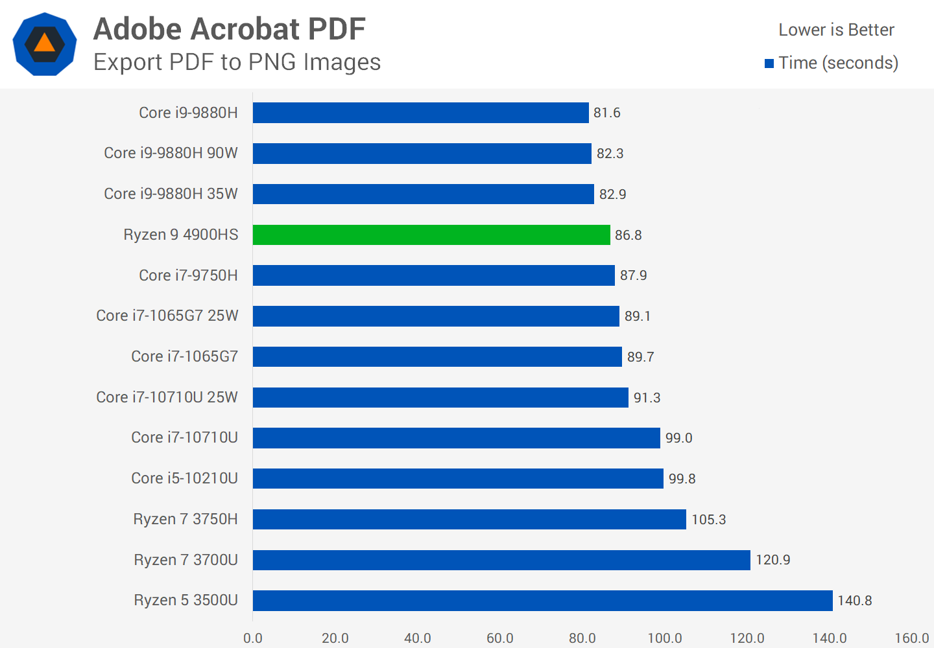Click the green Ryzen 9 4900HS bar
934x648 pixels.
(x=431, y=235)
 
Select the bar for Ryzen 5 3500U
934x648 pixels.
(x=542, y=601)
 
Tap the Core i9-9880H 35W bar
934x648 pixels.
(x=423, y=194)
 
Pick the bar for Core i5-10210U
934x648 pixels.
(x=458, y=478)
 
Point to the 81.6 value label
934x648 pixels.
(x=607, y=113)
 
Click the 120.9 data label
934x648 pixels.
(x=773, y=560)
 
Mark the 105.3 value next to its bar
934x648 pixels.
(x=709, y=520)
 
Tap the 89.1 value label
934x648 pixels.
(x=638, y=316)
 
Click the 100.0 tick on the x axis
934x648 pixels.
(x=665, y=638)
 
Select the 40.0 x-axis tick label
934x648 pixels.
(x=418, y=638)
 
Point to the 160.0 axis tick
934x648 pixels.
(x=912, y=638)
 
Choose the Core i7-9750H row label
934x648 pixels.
(x=188, y=275)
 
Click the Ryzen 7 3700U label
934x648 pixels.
(x=186, y=560)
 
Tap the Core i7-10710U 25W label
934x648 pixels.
(x=167, y=397)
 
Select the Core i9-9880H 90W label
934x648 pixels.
(x=171, y=153)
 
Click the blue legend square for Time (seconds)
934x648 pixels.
(x=769, y=64)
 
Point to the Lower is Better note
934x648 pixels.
(x=836, y=30)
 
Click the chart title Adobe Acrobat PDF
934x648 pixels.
(x=230, y=29)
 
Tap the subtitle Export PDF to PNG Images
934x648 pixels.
(x=237, y=62)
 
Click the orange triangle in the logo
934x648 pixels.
(x=44, y=43)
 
